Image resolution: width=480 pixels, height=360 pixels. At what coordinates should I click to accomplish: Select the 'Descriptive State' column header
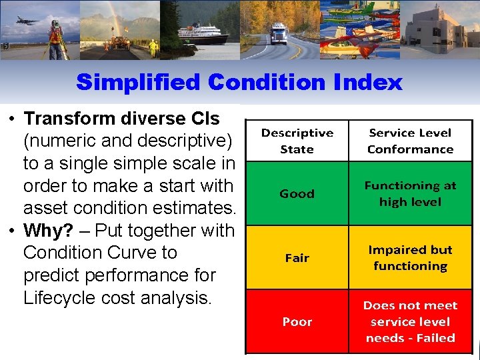coord(297,141)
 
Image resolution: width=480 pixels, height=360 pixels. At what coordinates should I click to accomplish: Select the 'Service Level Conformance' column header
coord(410,141)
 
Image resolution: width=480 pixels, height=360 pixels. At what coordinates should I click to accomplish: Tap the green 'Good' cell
coord(297,193)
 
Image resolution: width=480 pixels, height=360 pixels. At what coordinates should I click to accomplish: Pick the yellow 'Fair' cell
coord(297,257)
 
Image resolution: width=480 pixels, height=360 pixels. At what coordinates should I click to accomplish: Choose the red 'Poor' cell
coord(297,321)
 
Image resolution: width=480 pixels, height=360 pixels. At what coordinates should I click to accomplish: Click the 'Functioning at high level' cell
coord(410,193)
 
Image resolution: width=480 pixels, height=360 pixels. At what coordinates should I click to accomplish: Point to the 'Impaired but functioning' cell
coord(410,257)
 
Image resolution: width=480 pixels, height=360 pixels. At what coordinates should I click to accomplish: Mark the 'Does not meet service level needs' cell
coord(410,321)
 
